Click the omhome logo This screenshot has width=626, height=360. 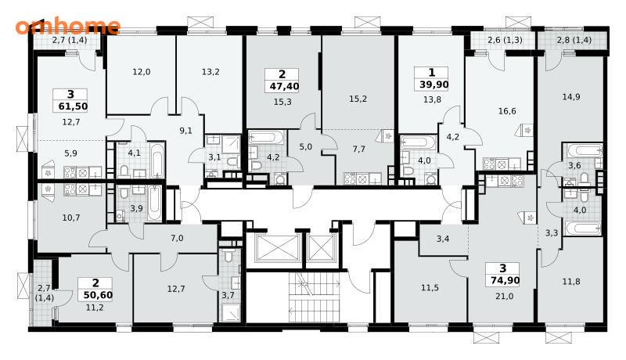[68, 26]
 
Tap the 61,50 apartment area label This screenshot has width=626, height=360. [70, 106]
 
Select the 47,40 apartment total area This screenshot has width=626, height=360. [282, 86]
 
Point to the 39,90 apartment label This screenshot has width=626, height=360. [434, 85]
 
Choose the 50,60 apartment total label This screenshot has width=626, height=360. [99, 296]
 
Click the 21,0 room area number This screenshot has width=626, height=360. [504, 296]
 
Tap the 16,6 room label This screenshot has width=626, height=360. [506, 111]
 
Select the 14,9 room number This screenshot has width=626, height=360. [571, 96]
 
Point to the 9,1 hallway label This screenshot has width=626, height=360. [185, 131]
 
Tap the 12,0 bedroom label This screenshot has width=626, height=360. [142, 72]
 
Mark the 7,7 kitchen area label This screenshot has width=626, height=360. [359, 149]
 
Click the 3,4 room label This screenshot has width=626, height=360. [443, 239]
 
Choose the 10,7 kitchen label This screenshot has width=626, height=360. [71, 218]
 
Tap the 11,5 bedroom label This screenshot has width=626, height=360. [430, 287]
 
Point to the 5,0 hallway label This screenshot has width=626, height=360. [305, 147]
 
